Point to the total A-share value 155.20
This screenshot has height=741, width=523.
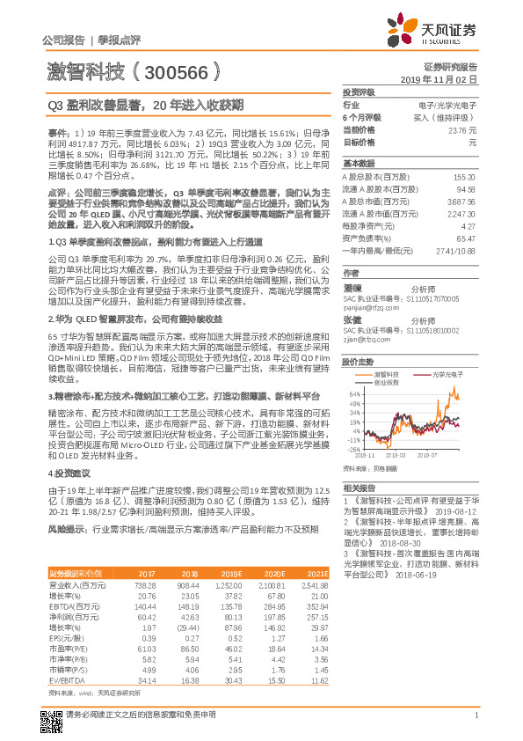click(x=465, y=177)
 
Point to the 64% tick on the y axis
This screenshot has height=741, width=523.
click(x=355, y=395)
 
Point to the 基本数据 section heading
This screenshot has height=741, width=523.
click(x=359, y=164)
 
